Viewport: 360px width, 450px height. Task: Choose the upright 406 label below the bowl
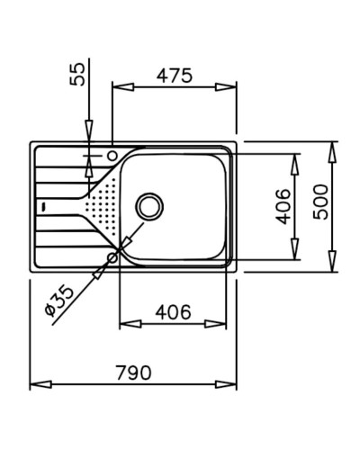pyautogui.click(x=173, y=313)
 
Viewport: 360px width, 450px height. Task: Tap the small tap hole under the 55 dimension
pyautogui.click(x=112, y=157)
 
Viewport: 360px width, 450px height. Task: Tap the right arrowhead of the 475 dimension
pyautogui.click(x=231, y=87)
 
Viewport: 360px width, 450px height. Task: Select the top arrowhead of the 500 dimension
pyautogui.click(x=333, y=147)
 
